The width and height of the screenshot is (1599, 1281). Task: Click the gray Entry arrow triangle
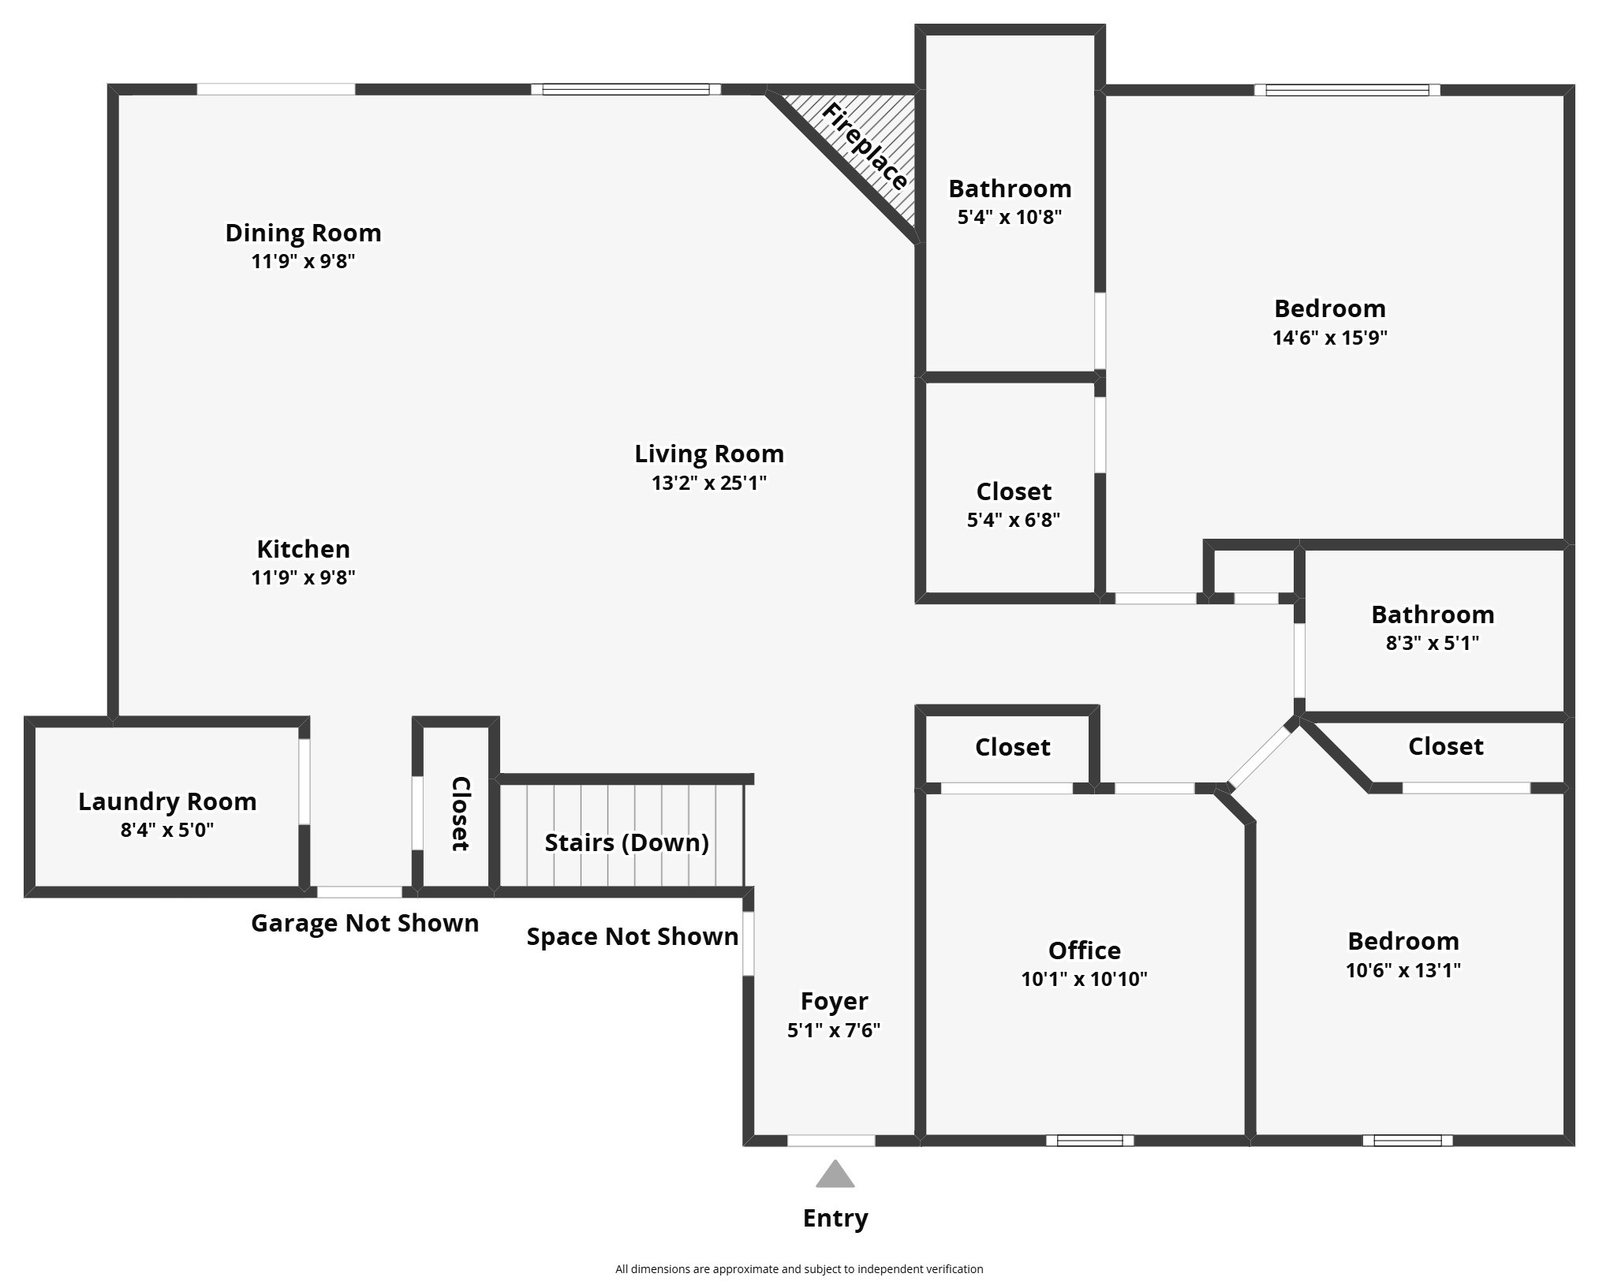click(835, 1175)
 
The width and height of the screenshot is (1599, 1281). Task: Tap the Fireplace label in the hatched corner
click(865, 147)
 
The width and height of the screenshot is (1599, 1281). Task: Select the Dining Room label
click(303, 233)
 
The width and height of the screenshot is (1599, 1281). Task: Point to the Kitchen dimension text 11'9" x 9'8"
click(303, 577)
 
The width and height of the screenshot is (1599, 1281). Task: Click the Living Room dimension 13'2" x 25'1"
click(708, 483)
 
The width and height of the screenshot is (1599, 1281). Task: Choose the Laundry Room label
click(167, 801)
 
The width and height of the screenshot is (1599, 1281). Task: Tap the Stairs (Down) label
click(626, 842)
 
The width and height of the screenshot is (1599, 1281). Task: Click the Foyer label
click(834, 1001)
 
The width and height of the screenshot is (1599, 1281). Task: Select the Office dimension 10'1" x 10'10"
click(1084, 979)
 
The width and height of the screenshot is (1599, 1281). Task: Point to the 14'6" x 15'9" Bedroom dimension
click(1329, 338)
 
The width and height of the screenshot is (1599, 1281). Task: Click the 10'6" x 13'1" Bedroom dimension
click(1403, 970)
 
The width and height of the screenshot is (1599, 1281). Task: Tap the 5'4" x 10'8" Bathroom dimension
click(1009, 217)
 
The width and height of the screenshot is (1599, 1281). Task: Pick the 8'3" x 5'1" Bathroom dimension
click(1432, 643)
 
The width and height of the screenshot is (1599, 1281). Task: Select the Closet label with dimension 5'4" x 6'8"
click(1014, 491)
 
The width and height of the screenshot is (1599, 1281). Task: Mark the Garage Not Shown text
click(364, 923)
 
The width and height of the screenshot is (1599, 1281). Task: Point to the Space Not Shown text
click(632, 936)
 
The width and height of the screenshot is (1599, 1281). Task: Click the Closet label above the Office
click(1012, 747)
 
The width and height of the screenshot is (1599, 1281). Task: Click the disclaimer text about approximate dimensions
click(798, 1269)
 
